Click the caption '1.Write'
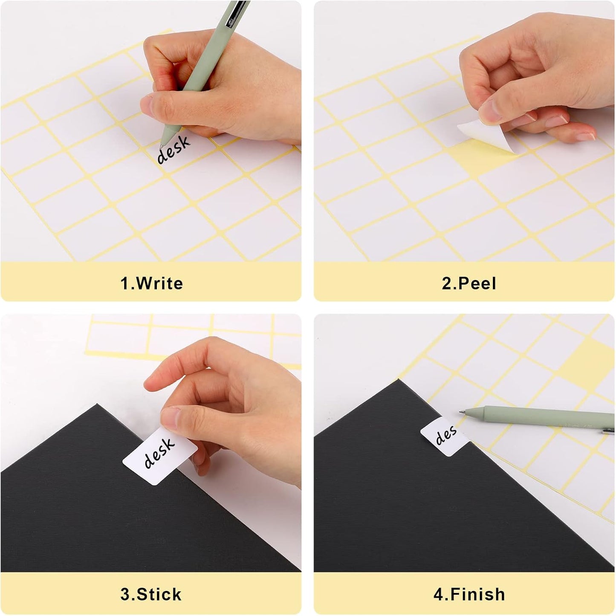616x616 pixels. [x=152, y=283]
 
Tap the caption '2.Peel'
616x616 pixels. [x=469, y=283]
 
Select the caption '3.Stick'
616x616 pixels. [x=151, y=594]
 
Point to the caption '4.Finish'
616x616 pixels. [x=469, y=594]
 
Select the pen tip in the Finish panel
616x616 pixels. [x=462, y=412]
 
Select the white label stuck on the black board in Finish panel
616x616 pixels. [x=443, y=437]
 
